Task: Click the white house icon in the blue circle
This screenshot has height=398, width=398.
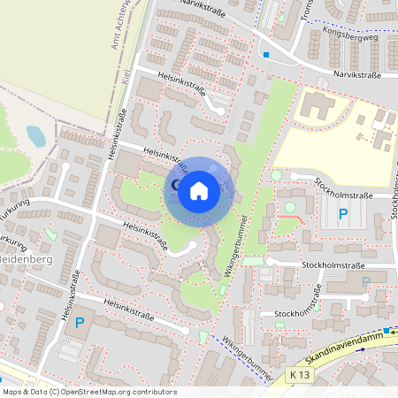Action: coord(199,191)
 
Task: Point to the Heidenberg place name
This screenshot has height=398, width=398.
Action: coord(27,259)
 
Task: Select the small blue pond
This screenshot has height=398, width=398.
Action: coord(35,135)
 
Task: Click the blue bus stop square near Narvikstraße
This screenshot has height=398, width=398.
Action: coord(265,55)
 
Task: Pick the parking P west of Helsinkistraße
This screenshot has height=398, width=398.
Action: coord(79,324)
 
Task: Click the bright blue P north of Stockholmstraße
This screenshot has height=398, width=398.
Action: coord(343,214)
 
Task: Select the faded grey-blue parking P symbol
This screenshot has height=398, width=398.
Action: coord(365,282)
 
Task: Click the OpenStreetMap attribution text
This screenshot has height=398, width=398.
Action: coord(88,392)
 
